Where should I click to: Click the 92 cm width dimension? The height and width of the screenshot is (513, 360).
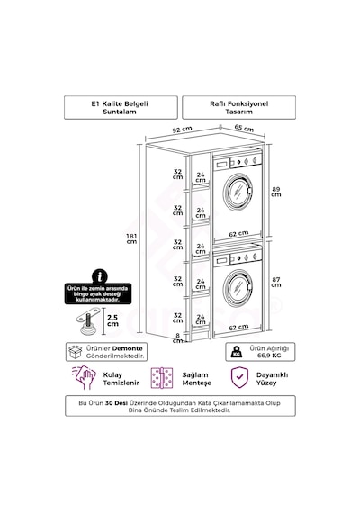tap(183, 130)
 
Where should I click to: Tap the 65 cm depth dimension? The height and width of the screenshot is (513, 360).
tap(244, 128)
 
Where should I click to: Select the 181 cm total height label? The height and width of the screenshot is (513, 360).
tap(131, 238)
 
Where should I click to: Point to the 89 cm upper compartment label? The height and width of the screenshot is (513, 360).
tap(276, 192)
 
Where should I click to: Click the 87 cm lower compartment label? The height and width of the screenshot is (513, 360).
tap(276, 282)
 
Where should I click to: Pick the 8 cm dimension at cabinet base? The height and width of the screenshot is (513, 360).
tap(177, 338)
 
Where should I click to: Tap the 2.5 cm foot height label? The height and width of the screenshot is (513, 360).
tap(112, 320)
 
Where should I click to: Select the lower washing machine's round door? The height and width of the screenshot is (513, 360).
tap(238, 286)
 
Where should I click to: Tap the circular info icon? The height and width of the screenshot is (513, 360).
tap(100, 276)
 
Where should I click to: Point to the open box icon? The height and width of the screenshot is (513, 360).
tap(76, 352)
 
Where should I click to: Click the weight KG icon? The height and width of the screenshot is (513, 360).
tap(237, 352)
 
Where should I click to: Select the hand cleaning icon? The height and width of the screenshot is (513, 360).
tap(84, 378)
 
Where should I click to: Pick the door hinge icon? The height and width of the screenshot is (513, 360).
tap(162, 378)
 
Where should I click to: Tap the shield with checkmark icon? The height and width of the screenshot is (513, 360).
tap(239, 377)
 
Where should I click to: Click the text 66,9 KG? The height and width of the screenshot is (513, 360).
tap(269, 355)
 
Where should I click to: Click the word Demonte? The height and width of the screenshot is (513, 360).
tap(127, 348)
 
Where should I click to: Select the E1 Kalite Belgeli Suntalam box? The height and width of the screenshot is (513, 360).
tap(121, 107)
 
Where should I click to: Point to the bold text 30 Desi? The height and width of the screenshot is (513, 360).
tap(116, 402)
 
